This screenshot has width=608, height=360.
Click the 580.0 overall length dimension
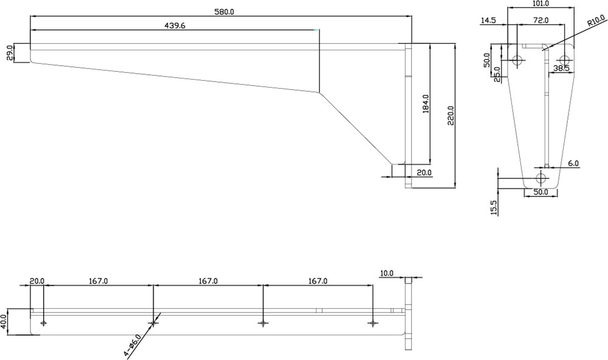point(224,12)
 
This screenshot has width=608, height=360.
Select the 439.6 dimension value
point(175,26)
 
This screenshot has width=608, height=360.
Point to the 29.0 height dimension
point(10,53)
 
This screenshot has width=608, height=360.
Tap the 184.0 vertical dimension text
point(426,103)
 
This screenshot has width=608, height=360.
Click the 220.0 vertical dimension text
point(451,115)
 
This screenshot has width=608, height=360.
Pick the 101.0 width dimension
point(541,4)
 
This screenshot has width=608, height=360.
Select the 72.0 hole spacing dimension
point(541,20)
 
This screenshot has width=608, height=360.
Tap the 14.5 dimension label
point(488,20)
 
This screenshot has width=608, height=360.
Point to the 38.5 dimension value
point(561,69)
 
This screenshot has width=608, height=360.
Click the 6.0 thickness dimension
point(573,164)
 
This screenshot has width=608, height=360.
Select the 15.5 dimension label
point(494,207)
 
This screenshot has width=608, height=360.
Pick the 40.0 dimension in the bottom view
point(4,322)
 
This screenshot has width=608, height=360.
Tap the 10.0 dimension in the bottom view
point(387,273)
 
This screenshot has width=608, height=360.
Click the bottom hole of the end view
point(541,178)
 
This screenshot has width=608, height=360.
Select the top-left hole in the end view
point(517,60)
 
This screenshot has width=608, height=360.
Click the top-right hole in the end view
point(565,60)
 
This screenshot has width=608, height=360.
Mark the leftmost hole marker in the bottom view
point(43,323)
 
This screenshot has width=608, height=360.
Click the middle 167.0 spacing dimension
point(208,280)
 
